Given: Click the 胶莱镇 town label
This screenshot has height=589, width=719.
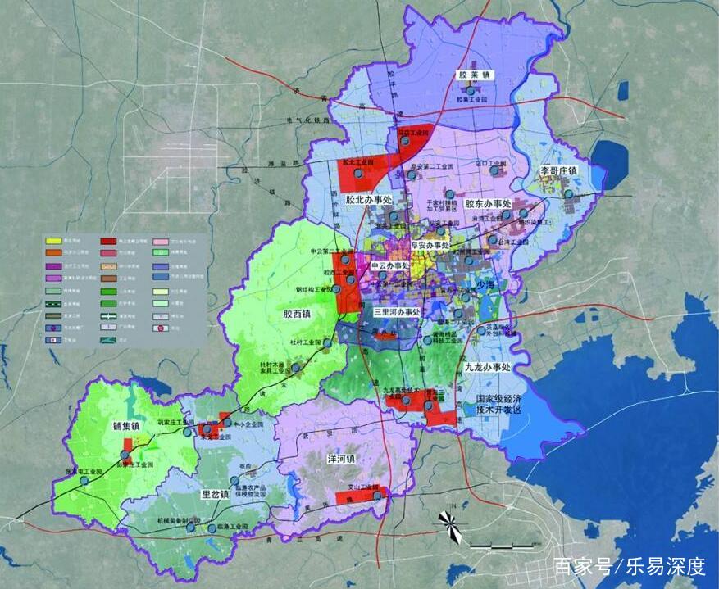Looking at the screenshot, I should [474, 75].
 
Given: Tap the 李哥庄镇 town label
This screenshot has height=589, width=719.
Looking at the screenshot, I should [558, 170].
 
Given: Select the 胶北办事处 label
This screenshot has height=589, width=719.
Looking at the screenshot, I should [369, 200].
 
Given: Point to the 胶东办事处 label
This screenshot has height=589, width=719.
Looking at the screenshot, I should [488, 203].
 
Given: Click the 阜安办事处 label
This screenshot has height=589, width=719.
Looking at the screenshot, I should [430, 244].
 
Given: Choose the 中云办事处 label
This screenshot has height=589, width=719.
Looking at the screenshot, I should [390, 266].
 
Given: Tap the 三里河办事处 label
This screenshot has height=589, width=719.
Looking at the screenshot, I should [397, 312].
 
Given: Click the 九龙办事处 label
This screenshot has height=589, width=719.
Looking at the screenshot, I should [487, 368].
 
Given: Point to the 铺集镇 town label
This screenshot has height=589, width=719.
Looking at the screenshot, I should [129, 426].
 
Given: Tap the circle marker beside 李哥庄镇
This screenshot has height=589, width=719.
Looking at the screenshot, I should [569, 193].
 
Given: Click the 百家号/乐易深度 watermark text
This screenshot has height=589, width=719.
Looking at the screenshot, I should [629, 566].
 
